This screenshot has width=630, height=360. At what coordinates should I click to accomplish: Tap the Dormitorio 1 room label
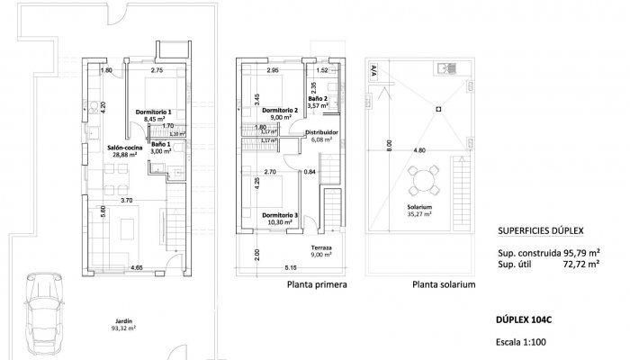click(154, 112)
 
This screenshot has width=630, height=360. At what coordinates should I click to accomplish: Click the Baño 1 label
click(161, 144)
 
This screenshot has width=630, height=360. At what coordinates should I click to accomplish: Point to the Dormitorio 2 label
click(275, 111)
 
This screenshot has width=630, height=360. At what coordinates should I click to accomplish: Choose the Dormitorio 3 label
click(279, 215)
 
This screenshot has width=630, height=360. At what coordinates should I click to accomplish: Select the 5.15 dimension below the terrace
click(289, 268)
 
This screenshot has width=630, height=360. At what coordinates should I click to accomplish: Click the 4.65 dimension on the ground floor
click(137, 268)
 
